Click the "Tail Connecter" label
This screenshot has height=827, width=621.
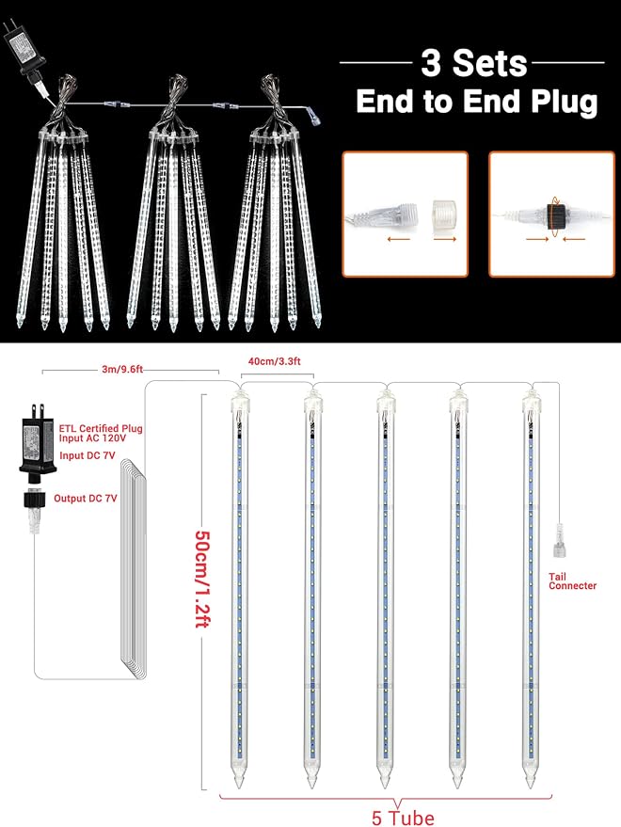tap(572, 580)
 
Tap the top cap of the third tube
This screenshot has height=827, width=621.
tap(385, 406)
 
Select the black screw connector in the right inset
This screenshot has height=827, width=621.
tap(557, 215)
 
